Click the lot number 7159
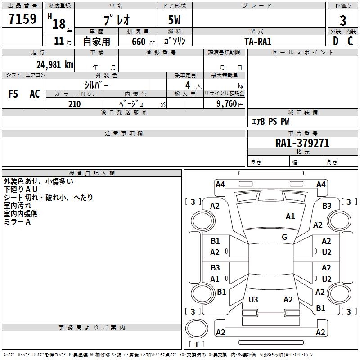[x=22, y=19]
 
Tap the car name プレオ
[x=116, y=20]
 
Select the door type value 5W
[x=175, y=20]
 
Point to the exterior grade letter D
[x=335, y=41]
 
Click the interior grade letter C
[x=350, y=41]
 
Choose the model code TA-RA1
[x=258, y=41]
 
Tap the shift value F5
[x=13, y=94]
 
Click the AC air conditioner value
[x=35, y=94]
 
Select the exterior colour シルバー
[x=96, y=85]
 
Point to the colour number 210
[x=74, y=104]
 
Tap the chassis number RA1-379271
[x=302, y=143]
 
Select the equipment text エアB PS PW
[x=270, y=121]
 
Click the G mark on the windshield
[x=284, y=237]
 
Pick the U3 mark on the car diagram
[x=253, y=300]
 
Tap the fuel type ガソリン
[x=175, y=41]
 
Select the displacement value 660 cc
[x=140, y=41]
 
